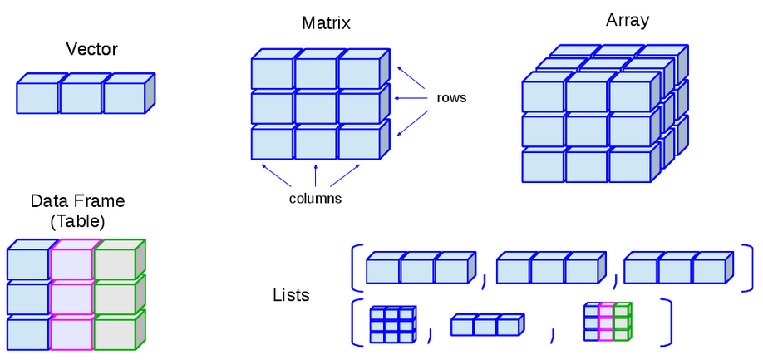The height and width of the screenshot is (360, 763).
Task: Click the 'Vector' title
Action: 91,50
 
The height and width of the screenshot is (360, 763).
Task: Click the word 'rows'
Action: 451,98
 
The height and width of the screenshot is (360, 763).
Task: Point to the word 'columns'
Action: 315,199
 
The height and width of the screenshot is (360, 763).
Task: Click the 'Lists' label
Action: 291,295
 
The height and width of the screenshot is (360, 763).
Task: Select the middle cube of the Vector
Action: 81,98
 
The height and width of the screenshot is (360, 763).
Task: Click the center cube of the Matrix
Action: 315,108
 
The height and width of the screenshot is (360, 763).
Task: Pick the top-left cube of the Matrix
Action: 272,73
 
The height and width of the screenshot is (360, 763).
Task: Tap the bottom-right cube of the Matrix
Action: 358,143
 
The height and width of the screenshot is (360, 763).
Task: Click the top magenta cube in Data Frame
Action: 71,264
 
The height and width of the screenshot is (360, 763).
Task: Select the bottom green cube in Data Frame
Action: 115,333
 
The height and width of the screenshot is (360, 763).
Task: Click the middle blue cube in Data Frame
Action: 27,298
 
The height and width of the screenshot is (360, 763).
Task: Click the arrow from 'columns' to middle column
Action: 316,176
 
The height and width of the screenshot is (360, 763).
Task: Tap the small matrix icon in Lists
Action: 391,326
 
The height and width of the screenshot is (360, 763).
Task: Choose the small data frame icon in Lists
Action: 607,323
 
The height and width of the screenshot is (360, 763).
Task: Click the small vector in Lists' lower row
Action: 485,326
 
